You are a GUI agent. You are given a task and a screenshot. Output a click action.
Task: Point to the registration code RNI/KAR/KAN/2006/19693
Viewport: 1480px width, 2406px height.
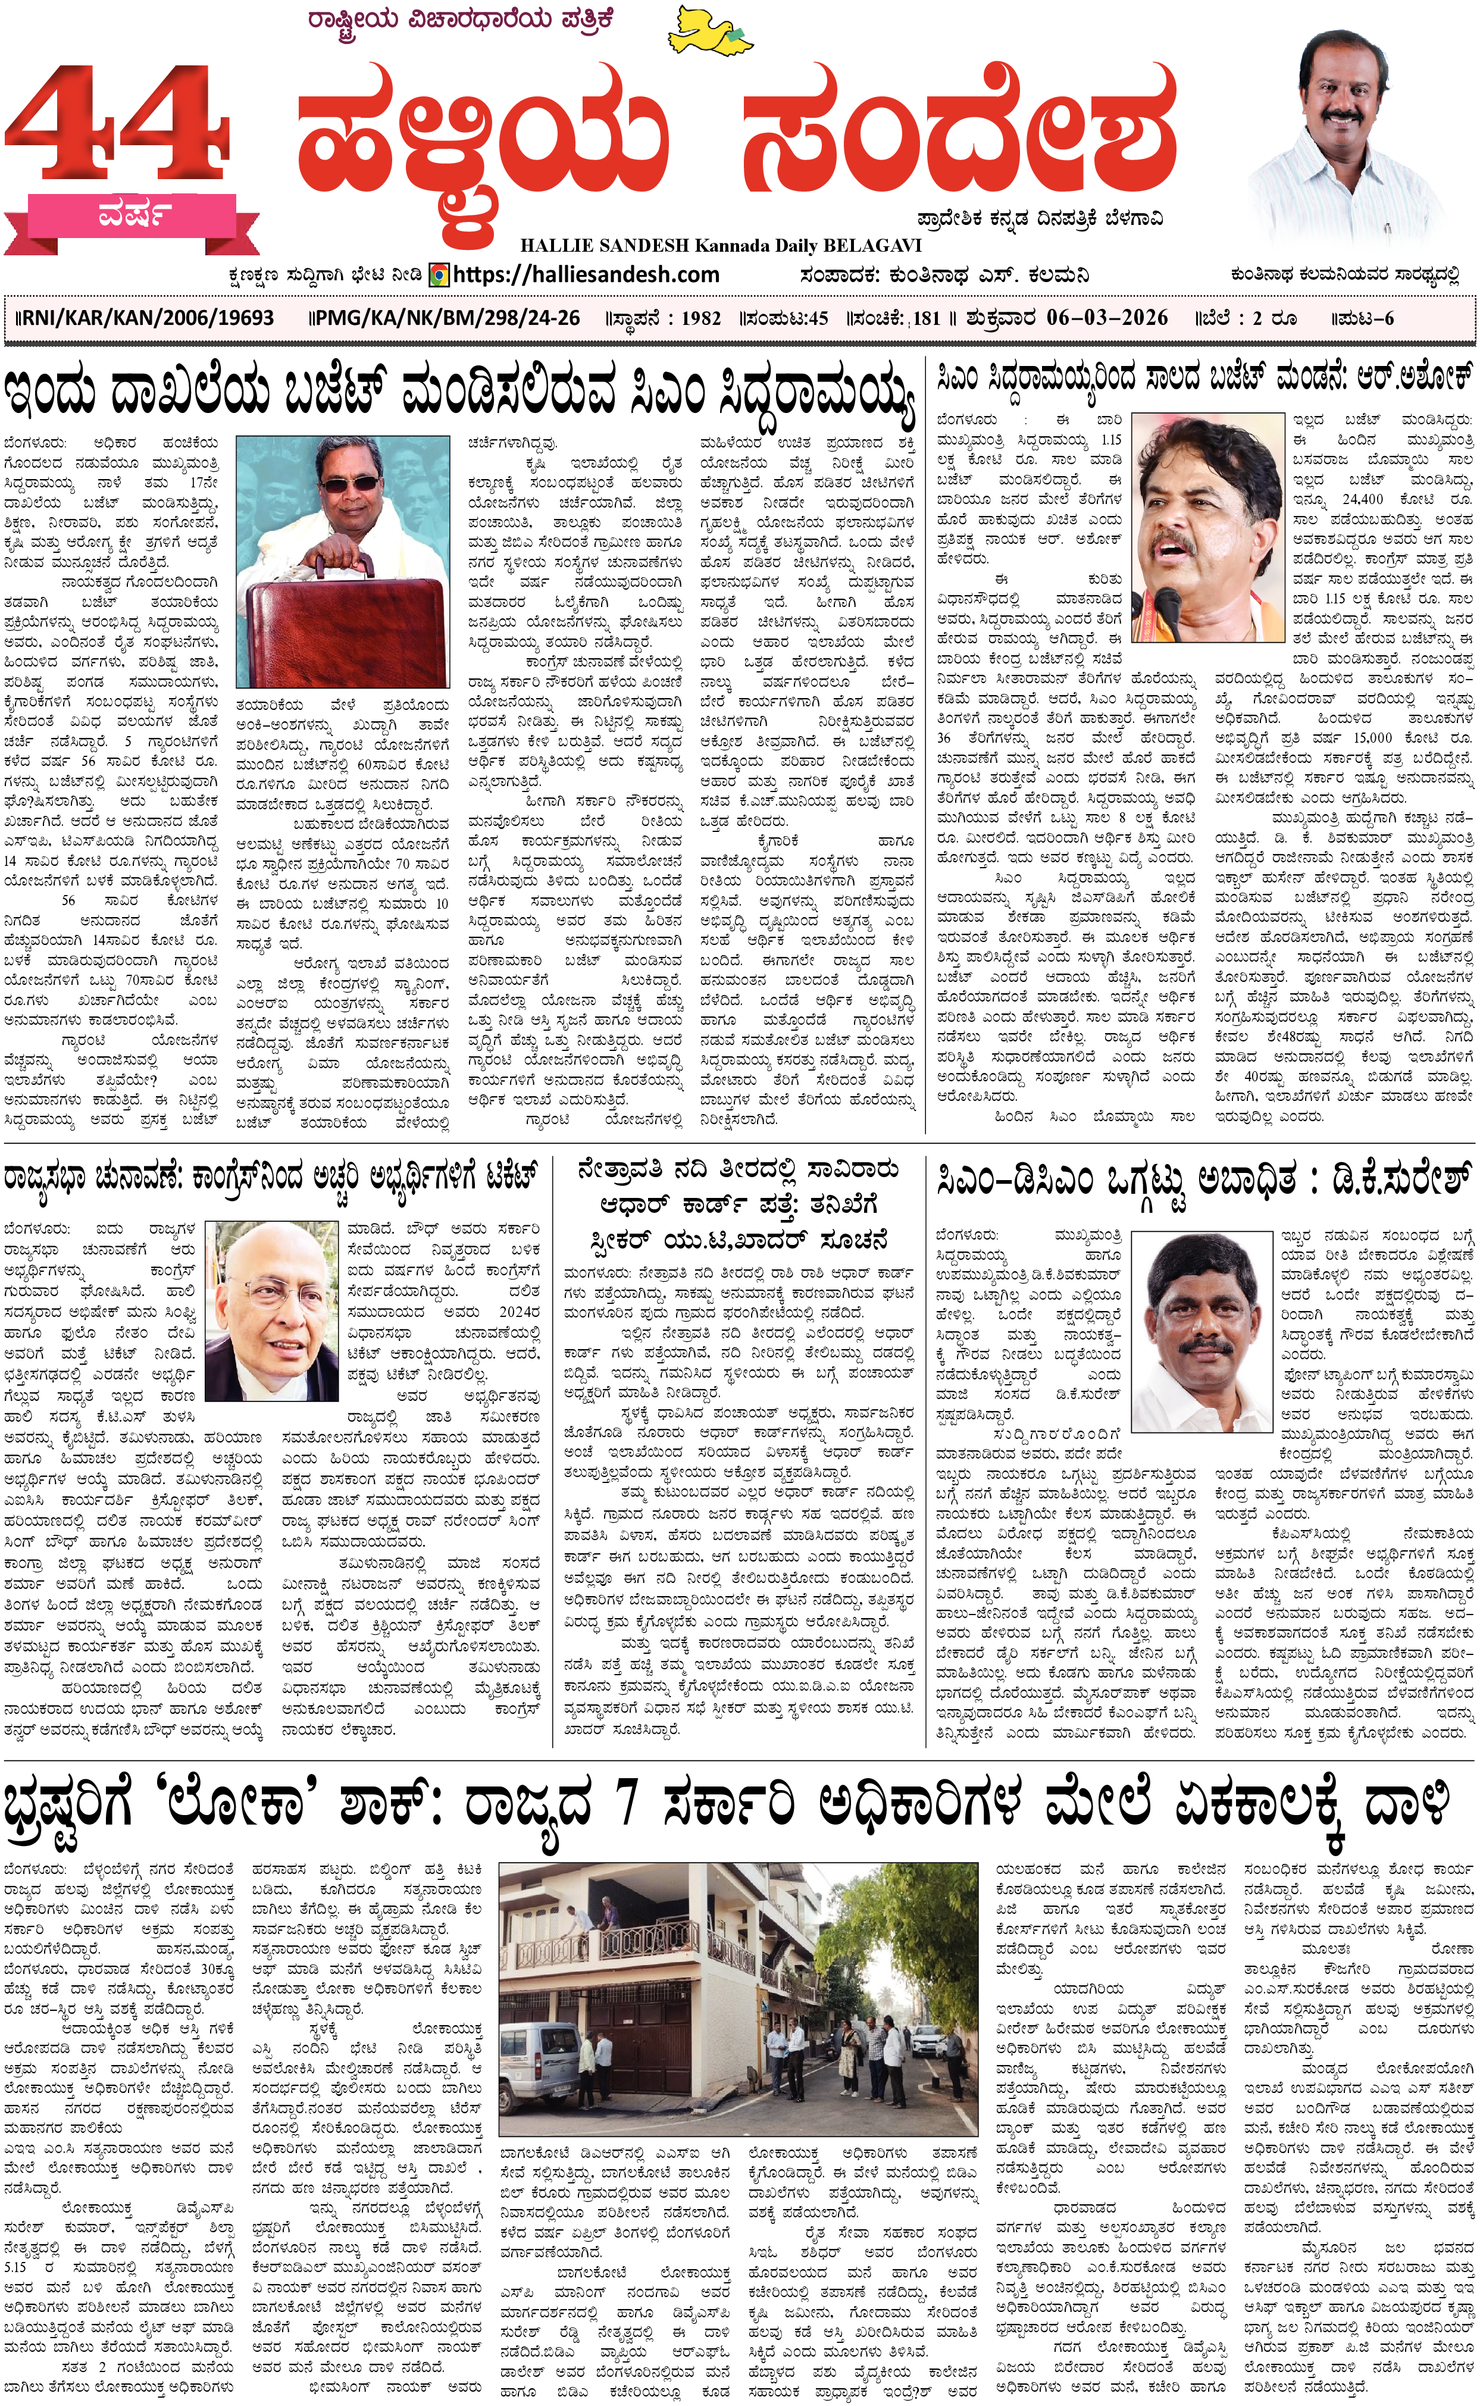[147, 318]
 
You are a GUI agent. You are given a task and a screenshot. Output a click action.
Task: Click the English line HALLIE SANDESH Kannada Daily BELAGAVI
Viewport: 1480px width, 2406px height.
[721, 246]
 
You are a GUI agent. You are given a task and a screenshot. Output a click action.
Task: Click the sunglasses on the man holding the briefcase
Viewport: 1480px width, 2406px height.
[349, 483]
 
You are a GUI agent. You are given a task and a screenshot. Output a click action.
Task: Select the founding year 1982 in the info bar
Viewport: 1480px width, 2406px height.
[701, 318]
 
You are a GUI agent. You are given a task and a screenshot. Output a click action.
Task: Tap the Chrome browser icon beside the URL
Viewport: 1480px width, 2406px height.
[440, 275]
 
